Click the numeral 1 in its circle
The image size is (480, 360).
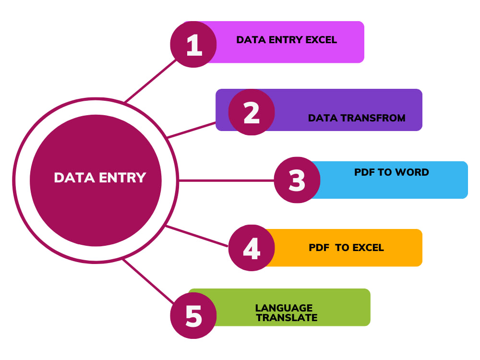194,45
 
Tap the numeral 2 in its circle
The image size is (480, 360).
252,112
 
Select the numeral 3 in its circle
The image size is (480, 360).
297,180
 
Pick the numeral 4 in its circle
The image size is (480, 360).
252,248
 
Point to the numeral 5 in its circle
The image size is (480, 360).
194,316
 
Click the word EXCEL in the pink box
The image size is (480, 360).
321,40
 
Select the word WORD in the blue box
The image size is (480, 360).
412,172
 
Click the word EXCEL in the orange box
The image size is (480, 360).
368,248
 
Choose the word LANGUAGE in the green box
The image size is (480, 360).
284,308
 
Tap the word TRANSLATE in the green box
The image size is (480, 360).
287,318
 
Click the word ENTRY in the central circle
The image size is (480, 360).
122,178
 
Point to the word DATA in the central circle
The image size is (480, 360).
74,178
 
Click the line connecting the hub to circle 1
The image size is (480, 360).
150,81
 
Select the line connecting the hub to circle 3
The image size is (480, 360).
226,180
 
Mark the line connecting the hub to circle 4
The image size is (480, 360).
197,236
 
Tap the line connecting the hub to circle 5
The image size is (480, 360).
148,281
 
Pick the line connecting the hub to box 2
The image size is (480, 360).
192,130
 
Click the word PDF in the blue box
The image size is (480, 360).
364,172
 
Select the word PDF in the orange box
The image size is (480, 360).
319,248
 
